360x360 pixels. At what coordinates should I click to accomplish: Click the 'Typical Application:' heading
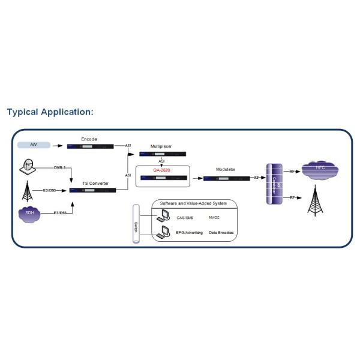click(50, 112)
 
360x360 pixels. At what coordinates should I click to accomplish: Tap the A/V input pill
click(33, 145)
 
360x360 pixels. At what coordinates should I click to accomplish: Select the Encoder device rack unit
click(91, 145)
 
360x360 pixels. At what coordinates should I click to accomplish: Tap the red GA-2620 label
click(162, 170)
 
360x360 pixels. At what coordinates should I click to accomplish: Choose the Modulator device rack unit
click(226, 178)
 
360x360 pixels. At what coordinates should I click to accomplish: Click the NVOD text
click(214, 217)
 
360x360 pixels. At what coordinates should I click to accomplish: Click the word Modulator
click(225, 170)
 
